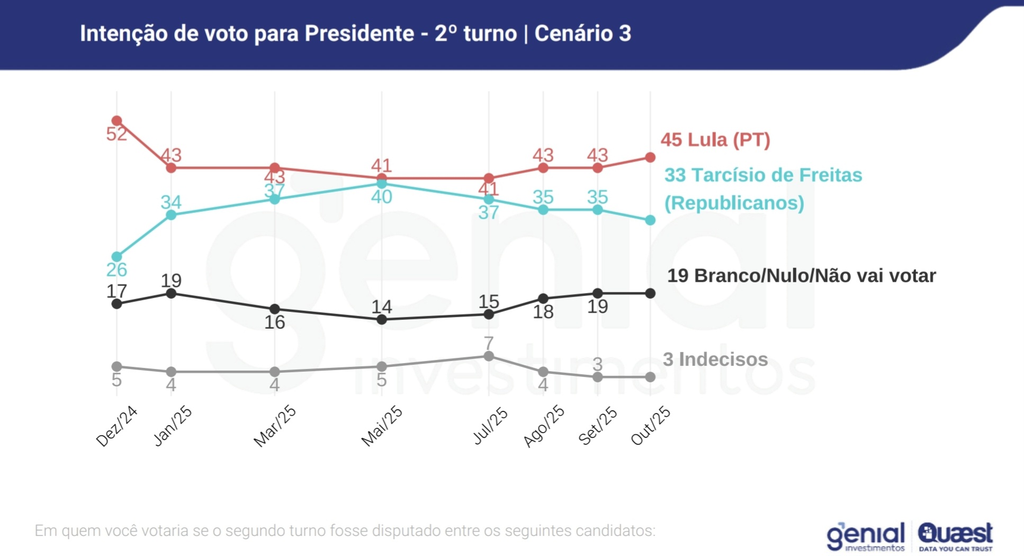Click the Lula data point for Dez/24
pos(117,121)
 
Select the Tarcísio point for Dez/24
pos(117,257)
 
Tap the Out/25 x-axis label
pos(651,426)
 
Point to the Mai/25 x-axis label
pos(382,427)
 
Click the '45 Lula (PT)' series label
pos(715,140)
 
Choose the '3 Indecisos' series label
pos(715,359)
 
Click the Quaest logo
pos(955,536)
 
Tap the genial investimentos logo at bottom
pos(866,536)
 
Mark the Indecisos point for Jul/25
pos(489,356)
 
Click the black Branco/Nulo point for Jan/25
pos(171,293)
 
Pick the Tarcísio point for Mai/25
pos(382,183)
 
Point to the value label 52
pos(116,134)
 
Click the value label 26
pos(116,270)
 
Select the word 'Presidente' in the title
pos(359,33)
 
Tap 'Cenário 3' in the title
pos(582,33)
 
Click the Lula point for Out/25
pos(651,157)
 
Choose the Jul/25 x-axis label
pos(490,426)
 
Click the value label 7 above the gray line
pos(489,343)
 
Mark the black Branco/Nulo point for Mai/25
pos(382,320)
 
